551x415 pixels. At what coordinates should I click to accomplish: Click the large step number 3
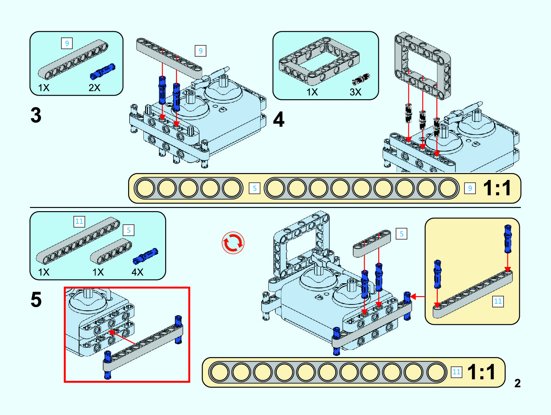click(x=36, y=115)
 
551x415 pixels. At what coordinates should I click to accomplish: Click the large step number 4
click(x=279, y=119)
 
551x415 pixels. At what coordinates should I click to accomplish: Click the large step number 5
click(x=36, y=300)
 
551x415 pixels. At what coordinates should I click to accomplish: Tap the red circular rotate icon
click(x=233, y=243)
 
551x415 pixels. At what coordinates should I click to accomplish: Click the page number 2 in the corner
click(x=517, y=383)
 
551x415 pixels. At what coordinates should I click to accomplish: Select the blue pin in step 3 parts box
click(x=103, y=71)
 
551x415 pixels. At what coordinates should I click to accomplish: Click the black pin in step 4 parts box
click(x=361, y=79)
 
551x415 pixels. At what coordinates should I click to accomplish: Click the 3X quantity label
click(x=355, y=92)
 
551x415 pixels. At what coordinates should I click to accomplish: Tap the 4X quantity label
click(x=137, y=272)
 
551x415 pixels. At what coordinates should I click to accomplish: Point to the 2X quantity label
click(x=94, y=88)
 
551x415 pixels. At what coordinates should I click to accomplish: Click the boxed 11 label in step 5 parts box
click(x=79, y=222)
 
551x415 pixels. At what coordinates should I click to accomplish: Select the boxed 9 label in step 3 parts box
click(x=67, y=43)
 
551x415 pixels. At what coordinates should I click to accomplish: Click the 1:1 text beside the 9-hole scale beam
click(x=497, y=188)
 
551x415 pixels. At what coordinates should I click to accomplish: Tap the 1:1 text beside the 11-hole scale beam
click(x=481, y=372)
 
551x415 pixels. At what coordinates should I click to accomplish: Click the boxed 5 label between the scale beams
click(x=255, y=188)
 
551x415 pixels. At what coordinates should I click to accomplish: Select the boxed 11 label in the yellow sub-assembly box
click(x=498, y=301)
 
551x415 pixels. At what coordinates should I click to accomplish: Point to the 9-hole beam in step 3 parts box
click(x=73, y=60)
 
